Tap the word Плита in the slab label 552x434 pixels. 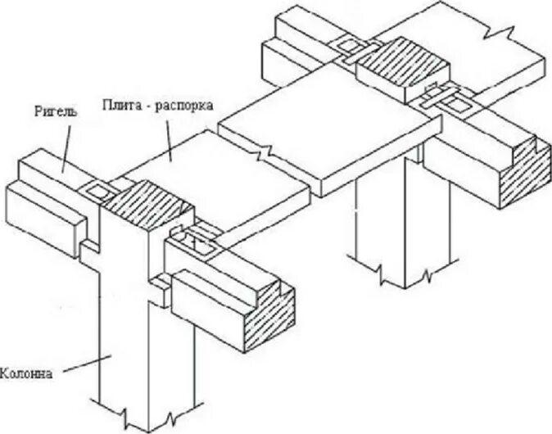pyautogui.click(x=120, y=105)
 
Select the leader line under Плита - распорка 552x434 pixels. pyautogui.click(x=167, y=139)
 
